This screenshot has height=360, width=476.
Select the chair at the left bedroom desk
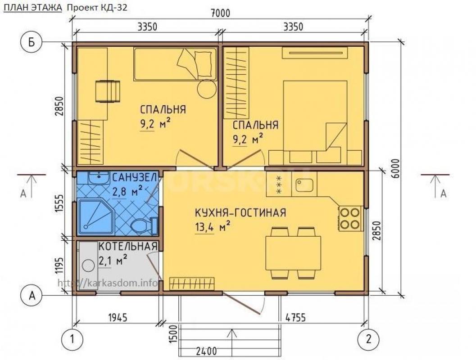tap(108, 91)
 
